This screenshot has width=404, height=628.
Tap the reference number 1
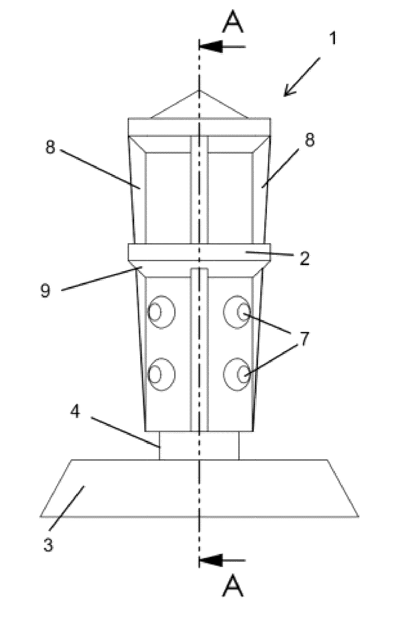[333, 38]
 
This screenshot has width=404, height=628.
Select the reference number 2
[305, 258]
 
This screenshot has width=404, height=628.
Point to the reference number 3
[48, 544]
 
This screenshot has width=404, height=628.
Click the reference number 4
[75, 411]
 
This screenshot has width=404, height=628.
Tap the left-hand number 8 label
[50, 147]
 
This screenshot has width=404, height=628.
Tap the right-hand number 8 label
[309, 139]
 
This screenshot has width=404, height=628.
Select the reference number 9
[45, 290]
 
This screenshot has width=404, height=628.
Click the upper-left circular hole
[162, 312]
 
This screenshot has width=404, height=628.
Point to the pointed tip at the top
[200, 91]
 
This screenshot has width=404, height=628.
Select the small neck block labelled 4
[199, 445]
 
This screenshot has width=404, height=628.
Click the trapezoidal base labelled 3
[199, 488]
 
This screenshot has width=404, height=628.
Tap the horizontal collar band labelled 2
[199, 252]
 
